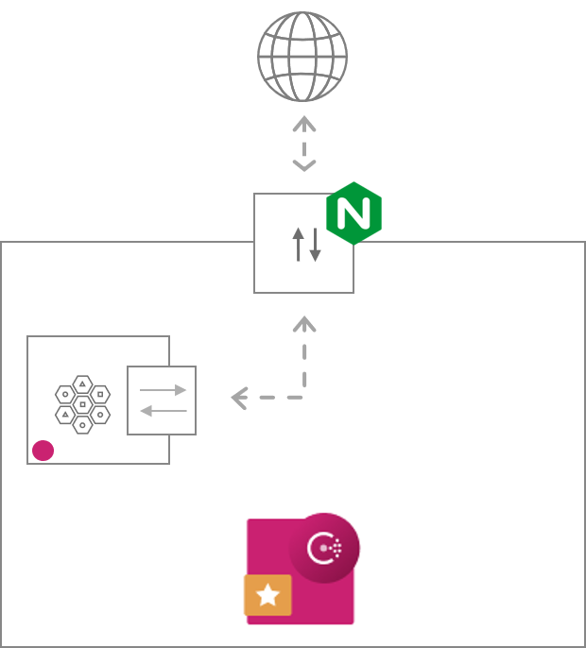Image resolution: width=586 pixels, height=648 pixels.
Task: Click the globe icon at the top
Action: (x=302, y=57)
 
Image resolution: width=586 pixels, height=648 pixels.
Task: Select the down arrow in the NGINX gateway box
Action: (x=315, y=244)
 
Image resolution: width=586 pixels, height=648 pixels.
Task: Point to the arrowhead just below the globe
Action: (x=303, y=123)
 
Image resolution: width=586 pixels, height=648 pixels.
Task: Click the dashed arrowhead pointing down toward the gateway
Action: (x=303, y=166)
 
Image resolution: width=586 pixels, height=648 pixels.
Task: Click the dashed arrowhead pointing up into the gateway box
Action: (x=303, y=324)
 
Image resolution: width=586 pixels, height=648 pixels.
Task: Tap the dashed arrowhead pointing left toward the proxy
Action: (x=238, y=399)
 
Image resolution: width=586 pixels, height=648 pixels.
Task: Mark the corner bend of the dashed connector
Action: (x=303, y=398)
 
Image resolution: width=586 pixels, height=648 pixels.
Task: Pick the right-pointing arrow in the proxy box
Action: (x=163, y=389)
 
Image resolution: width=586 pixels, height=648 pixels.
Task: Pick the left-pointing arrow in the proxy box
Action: (x=163, y=410)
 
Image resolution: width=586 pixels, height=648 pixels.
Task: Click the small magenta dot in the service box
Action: (x=43, y=451)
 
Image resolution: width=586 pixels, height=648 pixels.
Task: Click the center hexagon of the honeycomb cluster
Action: (x=83, y=404)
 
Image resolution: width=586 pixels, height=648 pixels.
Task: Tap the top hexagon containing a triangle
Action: (x=83, y=384)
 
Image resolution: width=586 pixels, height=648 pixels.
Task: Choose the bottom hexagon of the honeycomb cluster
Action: (x=83, y=425)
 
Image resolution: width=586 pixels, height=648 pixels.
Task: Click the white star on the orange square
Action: (x=268, y=594)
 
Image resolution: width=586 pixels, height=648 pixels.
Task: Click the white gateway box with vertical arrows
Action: (x=303, y=244)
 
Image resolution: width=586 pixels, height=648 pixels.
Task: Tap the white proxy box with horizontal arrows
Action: (x=162, y=400)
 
